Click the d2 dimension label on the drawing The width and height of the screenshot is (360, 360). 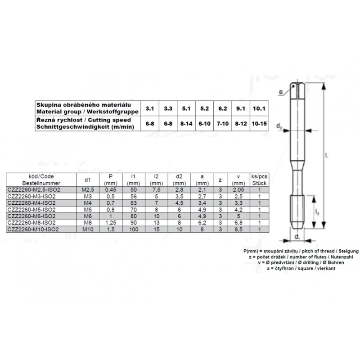[x=279, y=128]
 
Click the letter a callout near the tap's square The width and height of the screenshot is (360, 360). [x=281, y=92]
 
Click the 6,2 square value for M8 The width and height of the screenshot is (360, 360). [x=202, y=222]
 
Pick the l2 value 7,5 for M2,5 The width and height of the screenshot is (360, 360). [x=156, y=190]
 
